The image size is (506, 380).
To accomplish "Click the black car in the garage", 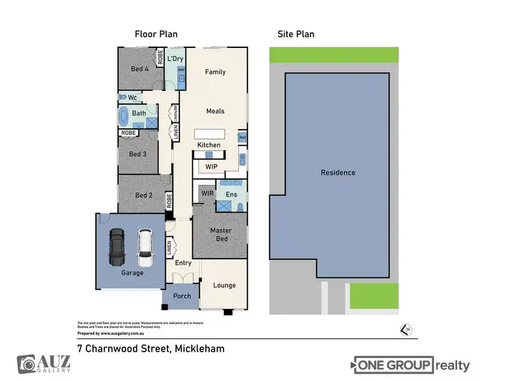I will (x=117, y=248).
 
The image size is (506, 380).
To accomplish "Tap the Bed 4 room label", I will (x=140, y=69).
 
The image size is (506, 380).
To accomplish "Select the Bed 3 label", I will (x=138, y=154).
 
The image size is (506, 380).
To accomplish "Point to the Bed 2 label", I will (x=144, y=196).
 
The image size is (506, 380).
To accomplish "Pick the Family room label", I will (x=215, y=72).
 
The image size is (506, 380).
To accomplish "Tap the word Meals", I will (x=215, y=111).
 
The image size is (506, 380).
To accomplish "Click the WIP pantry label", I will (x=211, y=166).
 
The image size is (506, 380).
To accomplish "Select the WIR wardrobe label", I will (x=207, y=194).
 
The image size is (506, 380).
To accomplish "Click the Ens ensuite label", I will (x=231, y=194).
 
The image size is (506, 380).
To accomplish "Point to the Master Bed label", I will (x=221, y=235).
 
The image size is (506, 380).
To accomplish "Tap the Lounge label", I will (x=225, y=286).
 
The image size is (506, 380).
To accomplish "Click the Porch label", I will (x=182, y=296).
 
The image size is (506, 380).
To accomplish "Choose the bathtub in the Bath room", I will (x=123, y=117).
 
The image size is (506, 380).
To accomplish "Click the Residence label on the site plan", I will (x=338, y=173).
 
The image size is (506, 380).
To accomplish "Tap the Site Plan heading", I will (x=296, y=34).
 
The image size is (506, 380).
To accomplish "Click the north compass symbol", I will (x=406, y=329).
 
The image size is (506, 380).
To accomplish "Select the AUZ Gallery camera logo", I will (x=27, y=364).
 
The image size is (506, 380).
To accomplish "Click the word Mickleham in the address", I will (x=200, y=349).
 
